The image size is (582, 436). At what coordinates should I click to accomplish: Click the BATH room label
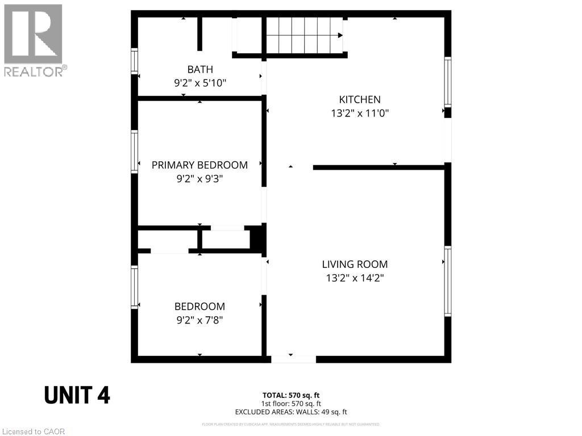200,69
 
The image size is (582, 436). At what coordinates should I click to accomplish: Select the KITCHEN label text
360,99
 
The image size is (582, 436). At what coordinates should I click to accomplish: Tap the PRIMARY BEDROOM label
199,165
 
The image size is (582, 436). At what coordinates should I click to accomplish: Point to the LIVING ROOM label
355,264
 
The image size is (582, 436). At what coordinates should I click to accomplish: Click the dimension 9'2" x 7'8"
199,320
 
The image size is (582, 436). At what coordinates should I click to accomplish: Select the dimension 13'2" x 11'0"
360,114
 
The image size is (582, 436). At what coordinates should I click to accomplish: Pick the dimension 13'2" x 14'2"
355,278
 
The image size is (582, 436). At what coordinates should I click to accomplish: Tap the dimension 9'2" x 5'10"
200,83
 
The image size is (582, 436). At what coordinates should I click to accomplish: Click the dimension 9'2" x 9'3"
199,179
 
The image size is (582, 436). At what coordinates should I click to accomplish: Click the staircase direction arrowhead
340,35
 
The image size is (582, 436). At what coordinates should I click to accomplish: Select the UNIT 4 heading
77,395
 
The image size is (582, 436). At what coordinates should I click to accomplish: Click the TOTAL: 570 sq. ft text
291,395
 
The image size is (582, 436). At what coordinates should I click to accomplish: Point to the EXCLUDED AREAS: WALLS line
291,412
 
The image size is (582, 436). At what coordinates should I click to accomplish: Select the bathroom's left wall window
135,61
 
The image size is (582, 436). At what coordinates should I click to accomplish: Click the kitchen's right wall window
448,82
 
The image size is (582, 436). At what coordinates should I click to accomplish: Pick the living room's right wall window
448,281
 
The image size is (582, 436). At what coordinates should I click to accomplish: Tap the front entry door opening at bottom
293,359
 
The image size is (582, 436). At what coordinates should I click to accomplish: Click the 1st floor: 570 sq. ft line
291,403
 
